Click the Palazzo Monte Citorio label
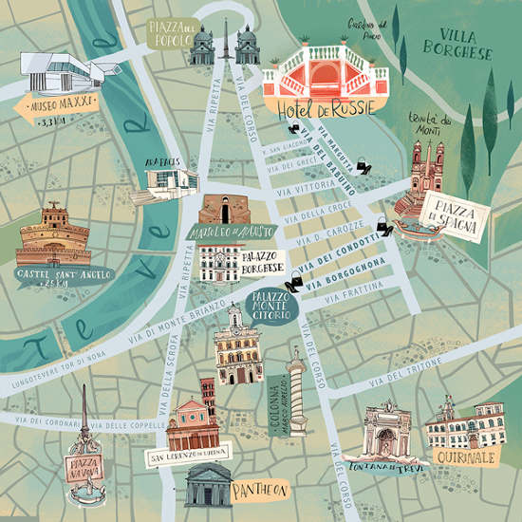pos(270,305)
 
